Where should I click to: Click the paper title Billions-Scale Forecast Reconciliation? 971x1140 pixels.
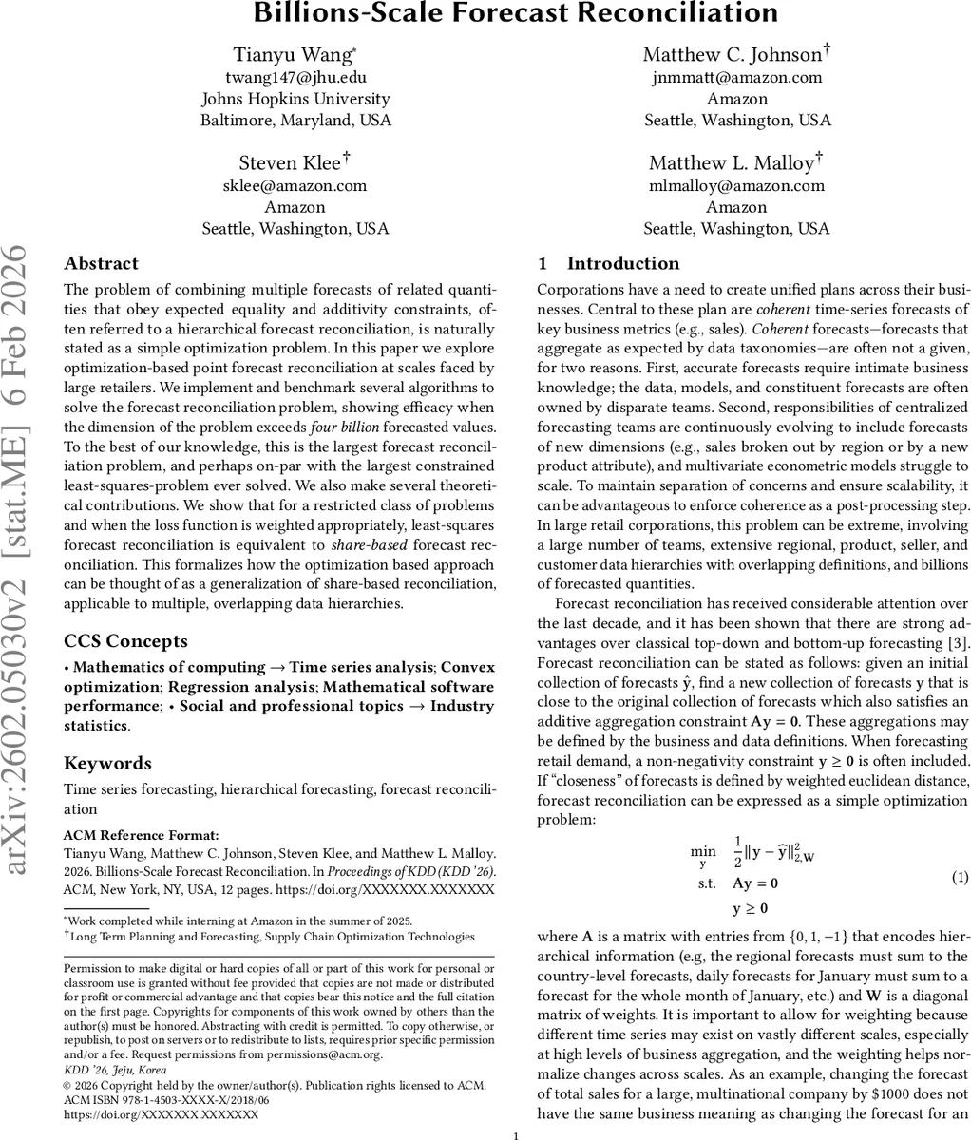point(514,13)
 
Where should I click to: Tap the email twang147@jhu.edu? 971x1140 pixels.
point(295,77)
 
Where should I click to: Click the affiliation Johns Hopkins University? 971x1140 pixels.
point(295,99)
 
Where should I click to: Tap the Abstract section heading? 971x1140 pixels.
point(101,263)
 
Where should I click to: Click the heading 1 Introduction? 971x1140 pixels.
point(608,263)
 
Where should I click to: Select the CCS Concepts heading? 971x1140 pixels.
point(125,640)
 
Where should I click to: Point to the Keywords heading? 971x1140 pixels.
point(107,763)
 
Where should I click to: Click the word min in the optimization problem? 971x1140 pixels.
point(702,850)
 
